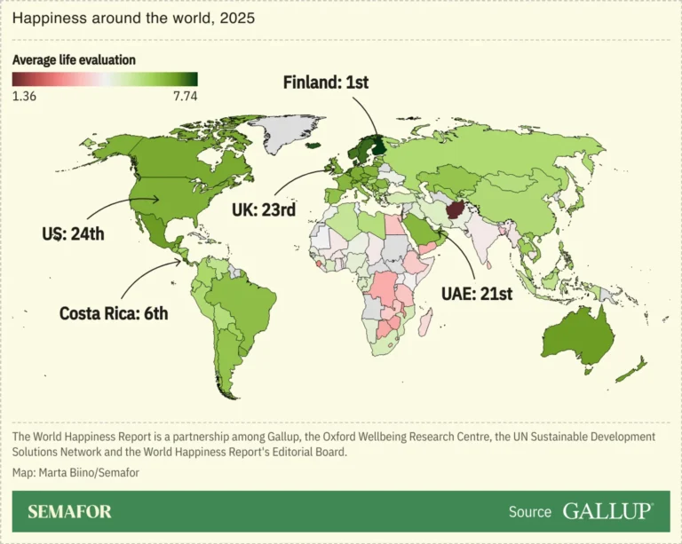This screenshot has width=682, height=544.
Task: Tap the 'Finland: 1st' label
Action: pyautogui.click(x=325, y=83)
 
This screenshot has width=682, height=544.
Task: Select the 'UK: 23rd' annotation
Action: pyautogui.click(x=264, y=210)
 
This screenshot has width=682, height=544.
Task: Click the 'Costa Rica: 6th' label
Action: pyautogui.click(x=114, y=312)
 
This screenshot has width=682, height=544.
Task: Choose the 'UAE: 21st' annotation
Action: pyautogui.click(x=476, y=294)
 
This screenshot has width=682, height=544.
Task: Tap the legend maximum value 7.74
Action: pyautogui.click(x=184, y=96)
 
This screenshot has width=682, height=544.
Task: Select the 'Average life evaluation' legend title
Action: pyautogui.click(x=74, y=60)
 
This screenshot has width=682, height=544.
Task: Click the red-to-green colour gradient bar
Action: pyautogui.click(x=105, y=79)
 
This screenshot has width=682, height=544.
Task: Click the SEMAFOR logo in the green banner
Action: pyautogui.click(x=69, y=512)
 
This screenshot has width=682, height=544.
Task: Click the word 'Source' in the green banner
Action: pyautogui.click(x=530, y=512)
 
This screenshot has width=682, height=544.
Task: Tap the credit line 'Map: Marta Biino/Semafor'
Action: pyautogui.click(x=75, y=472)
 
